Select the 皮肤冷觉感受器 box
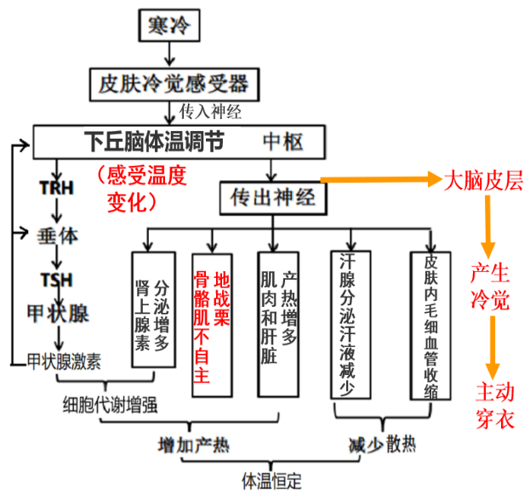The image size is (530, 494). pos(174,83)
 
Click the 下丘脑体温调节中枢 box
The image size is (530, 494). pos(180,140)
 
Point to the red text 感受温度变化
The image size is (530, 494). pos(140,188)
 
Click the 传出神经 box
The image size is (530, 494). pos(270,198)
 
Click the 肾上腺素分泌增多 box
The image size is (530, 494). pos(154,309)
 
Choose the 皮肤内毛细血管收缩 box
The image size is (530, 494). pos(430,324)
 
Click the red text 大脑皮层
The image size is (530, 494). pos(483,180)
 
